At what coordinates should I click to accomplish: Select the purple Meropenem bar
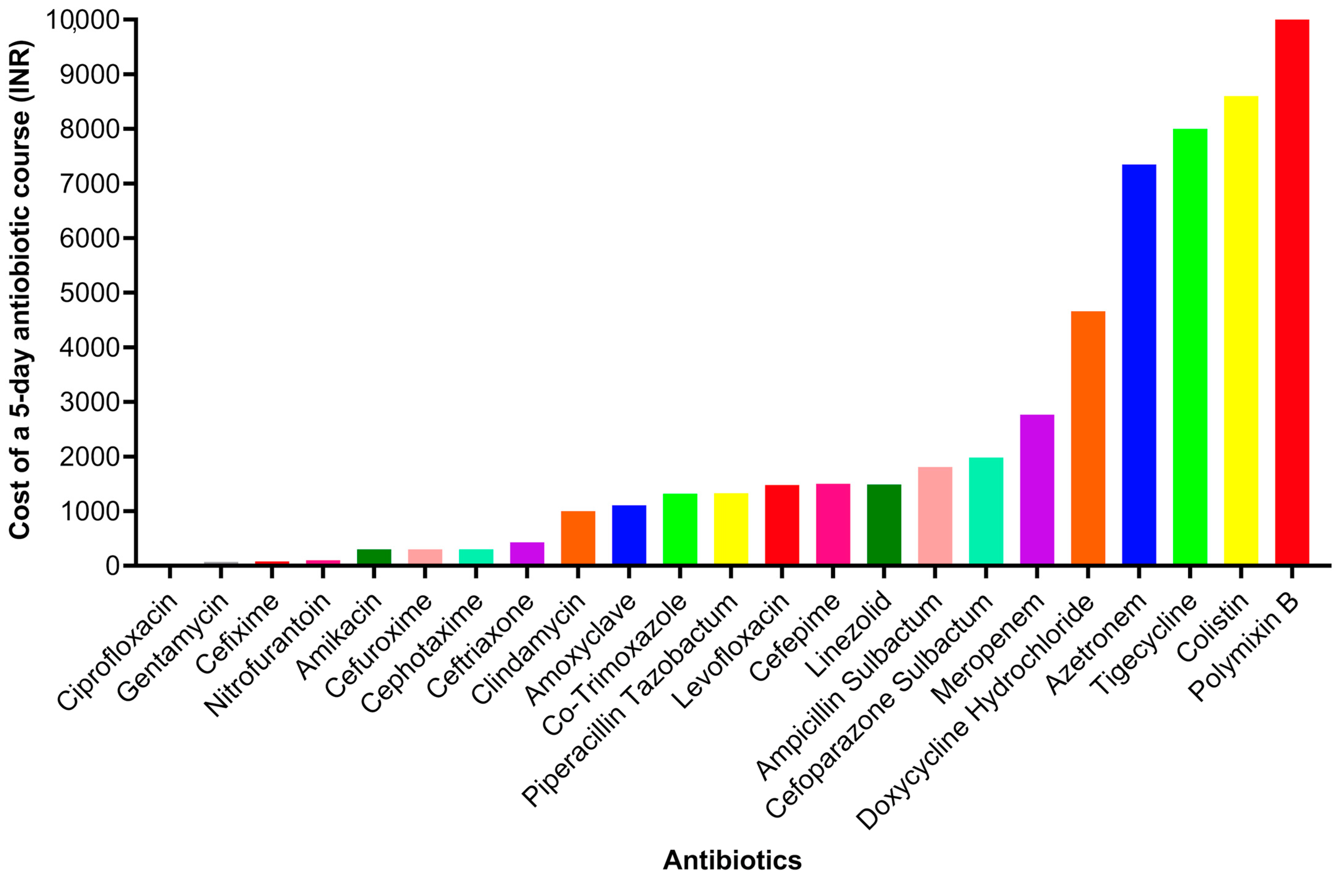(1037, 489)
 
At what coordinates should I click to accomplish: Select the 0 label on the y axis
(112, 565)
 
